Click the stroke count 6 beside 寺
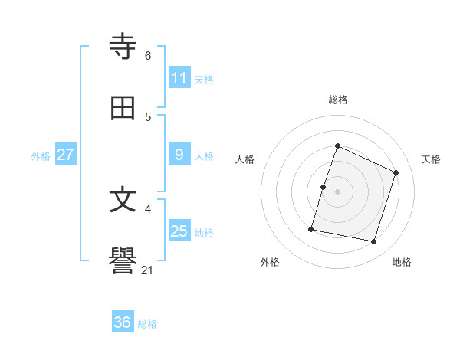[148, 55]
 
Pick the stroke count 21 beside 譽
[148, 270]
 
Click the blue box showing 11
[179, 78]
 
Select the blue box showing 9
[179, 155]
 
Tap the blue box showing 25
[179, 231]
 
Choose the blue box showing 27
[66, 155]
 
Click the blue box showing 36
[123, 322]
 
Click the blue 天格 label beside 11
[204, 79]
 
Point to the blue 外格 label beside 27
[41, 155]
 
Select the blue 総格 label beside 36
[147, 323]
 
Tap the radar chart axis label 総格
[338, 100]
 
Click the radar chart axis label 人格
[245, 159]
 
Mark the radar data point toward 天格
[396, 172]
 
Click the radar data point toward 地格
[373, 242]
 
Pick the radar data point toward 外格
[311, 229]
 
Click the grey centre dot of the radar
[338, 191]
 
